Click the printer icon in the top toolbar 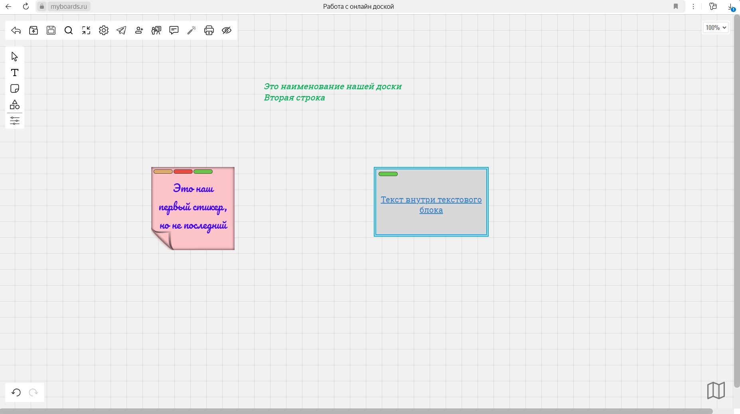(x=209, y=30)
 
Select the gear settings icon (x=104, y=30)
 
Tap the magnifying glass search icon (x=69, y=30)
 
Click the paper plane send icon (x=121, y=30)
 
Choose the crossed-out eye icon (x=227, y=30)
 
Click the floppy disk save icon (x=51, y=30)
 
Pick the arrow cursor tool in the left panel (x=15, y=57)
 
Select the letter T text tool (x=15, y=73)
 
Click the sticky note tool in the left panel (x=15, y=88)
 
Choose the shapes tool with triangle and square (x=15, y=104)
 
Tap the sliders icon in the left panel (x=15, y=121)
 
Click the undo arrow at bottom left (x=16, y=392)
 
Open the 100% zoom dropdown (x=716, y=27)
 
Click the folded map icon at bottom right (x=716, y=390)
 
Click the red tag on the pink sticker (x=183, y=172)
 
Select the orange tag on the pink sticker (x=163, y=172)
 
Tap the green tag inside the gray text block (x=388, y=174)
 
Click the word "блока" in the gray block (x=431, y=210)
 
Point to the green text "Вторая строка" (x=294, y=98)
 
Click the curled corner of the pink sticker (x=163, y=240)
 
